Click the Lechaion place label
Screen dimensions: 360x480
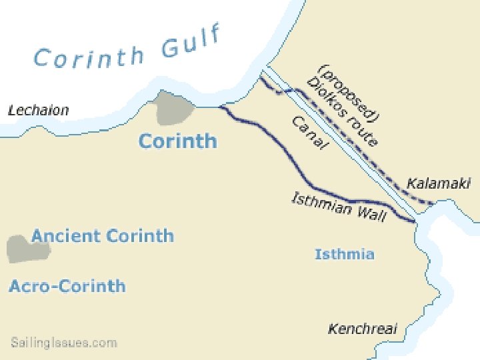pos(38,111)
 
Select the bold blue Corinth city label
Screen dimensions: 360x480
pos(177,141)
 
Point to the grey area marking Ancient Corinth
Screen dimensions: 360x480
pos(29,248)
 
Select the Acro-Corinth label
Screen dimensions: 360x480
pos(67,286)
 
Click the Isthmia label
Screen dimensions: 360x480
pos(344,254)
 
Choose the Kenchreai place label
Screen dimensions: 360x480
pos(362,329)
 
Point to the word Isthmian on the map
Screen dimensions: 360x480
pos(322,203)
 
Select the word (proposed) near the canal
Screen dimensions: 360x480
pos(349,93)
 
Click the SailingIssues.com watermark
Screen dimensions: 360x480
pos(64,343)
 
